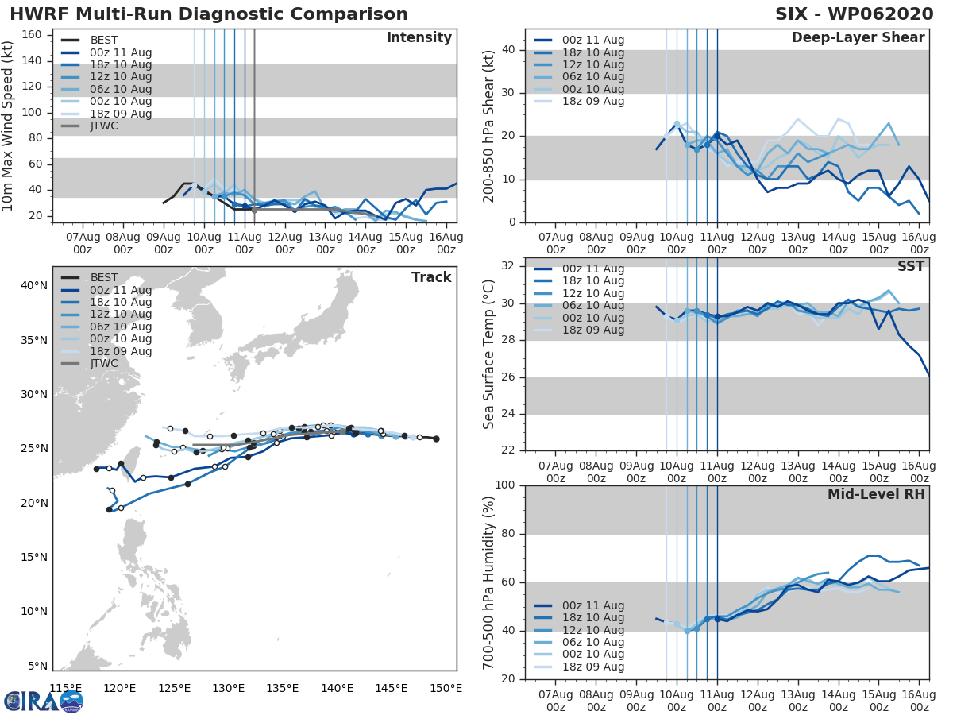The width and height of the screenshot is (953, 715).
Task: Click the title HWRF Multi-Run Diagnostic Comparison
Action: tap(209, 14)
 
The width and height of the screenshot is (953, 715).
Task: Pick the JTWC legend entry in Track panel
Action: tap(104, 364)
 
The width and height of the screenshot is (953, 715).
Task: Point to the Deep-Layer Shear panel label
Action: tap(858, 38)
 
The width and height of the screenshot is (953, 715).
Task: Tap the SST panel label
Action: tap(911, 267)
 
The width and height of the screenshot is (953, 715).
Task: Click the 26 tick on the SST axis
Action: tap(509, 377)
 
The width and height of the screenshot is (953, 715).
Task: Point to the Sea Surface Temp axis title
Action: tap(490, 354)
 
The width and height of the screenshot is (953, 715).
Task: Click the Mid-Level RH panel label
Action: tap(876, 494)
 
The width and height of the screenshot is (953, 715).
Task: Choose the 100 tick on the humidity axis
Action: tap(506, 485)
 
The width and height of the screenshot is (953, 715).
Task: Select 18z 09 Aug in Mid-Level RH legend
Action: tap(592, 667)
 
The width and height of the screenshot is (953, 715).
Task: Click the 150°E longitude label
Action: tap(445, 688)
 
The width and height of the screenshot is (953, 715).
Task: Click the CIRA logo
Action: tap(43, 701)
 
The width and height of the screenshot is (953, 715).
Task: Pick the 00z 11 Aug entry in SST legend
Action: tap(592, 269)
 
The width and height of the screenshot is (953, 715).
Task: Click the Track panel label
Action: tap(431, 277)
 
